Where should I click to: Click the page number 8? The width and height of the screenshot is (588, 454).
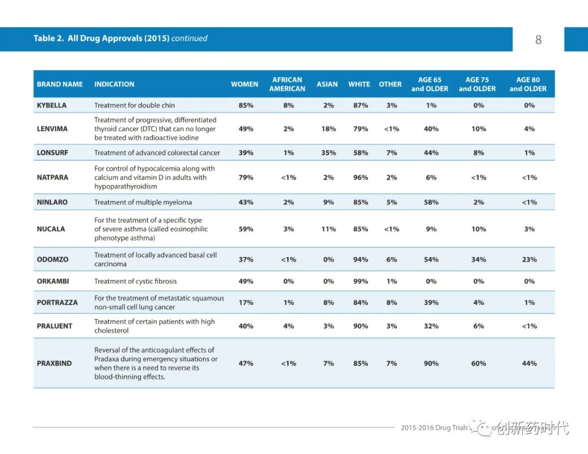coord(538,40)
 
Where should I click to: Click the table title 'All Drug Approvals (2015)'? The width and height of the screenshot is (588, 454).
coord(119,39)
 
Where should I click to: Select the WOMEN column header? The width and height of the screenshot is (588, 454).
coord(244,84)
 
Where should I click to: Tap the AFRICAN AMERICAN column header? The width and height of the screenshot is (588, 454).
coord(287,84)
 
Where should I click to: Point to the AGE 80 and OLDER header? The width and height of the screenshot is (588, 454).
coord(528,84)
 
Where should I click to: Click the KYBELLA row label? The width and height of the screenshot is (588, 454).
coord(52,105)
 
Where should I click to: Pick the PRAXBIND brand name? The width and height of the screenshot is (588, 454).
coord(54,363)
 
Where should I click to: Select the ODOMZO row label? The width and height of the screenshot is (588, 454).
coord(52,260)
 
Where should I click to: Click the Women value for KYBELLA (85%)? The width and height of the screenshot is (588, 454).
coord(246,105)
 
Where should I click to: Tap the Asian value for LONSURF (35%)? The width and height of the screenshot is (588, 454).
coord(328,153)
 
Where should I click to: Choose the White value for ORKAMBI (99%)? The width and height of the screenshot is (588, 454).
coord(360,281)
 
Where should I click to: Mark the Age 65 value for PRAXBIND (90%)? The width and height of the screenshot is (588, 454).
coord(431,363)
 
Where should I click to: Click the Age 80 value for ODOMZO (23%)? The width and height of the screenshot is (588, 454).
coord(529,260)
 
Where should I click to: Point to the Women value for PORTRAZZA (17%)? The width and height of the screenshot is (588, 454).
coord(246,303)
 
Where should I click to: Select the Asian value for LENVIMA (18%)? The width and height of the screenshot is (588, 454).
coord(328,129)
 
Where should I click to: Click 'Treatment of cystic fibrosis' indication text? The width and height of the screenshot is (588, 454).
coord(135,281)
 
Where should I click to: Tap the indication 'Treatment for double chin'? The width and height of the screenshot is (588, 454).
coord(134,105)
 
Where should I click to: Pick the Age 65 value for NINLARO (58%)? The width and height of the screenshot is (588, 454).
coord(431,203)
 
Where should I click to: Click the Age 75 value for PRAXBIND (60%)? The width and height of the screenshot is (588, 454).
coord(479,363)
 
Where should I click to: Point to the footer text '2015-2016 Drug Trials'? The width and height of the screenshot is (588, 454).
coord(434,428)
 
